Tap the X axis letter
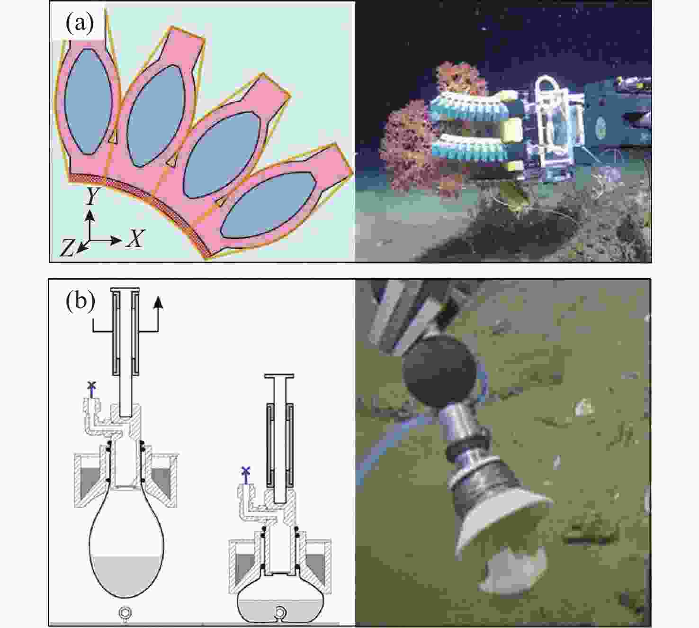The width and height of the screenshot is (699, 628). coord(135,238)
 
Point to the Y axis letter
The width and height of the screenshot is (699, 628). coord(92,196)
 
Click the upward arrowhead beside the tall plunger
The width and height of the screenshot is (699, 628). coord(158,301)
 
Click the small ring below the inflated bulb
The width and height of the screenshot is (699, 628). coord(124,612)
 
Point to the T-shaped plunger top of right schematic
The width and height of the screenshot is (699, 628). coord(279,376)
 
